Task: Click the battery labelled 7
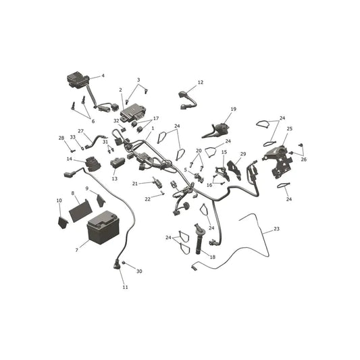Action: (x=103, y=228)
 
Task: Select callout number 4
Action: (x=103, y=76)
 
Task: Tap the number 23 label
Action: (x=277, y=229)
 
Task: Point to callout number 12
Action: (x=201, y=82)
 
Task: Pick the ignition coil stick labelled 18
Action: (x=199, y=239)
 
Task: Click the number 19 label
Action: (x=234, y=109)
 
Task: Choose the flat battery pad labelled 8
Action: (x=80, y=210)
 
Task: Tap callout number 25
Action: (x=290, y=128)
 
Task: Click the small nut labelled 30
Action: (x=124, y=263)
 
